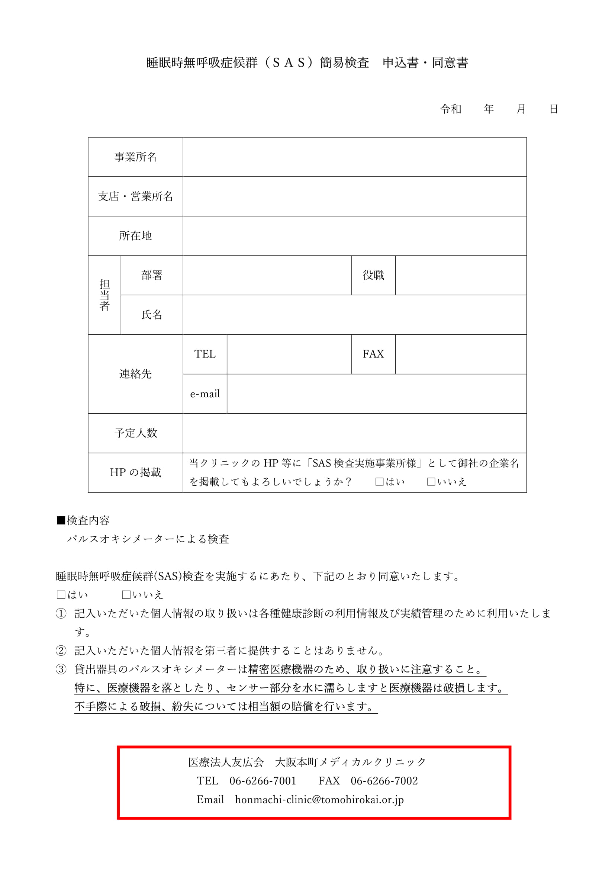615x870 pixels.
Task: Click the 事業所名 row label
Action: point(135,157)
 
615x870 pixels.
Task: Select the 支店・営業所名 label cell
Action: point(135,196)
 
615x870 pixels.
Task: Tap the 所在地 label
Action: point(135,236)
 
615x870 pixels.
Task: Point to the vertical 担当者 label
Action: point(104,295)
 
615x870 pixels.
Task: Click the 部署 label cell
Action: point(152,275)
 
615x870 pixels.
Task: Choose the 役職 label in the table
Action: point(373,275)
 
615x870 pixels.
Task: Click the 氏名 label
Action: point(152,315)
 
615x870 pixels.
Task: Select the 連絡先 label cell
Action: point(135,374)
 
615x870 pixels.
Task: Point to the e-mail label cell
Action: point(205,394)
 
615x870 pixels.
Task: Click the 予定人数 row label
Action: point(135,433)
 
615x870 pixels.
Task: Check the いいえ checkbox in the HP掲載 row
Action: point(431,482)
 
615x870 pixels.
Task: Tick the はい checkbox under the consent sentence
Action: point(61,595)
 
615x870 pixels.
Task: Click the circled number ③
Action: point(61,670)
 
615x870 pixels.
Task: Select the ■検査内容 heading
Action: point(83,521)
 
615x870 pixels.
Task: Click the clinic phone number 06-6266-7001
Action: point(263,781)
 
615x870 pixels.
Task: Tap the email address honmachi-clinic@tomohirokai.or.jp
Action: point(319,800)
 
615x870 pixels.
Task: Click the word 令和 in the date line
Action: point(451,109)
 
